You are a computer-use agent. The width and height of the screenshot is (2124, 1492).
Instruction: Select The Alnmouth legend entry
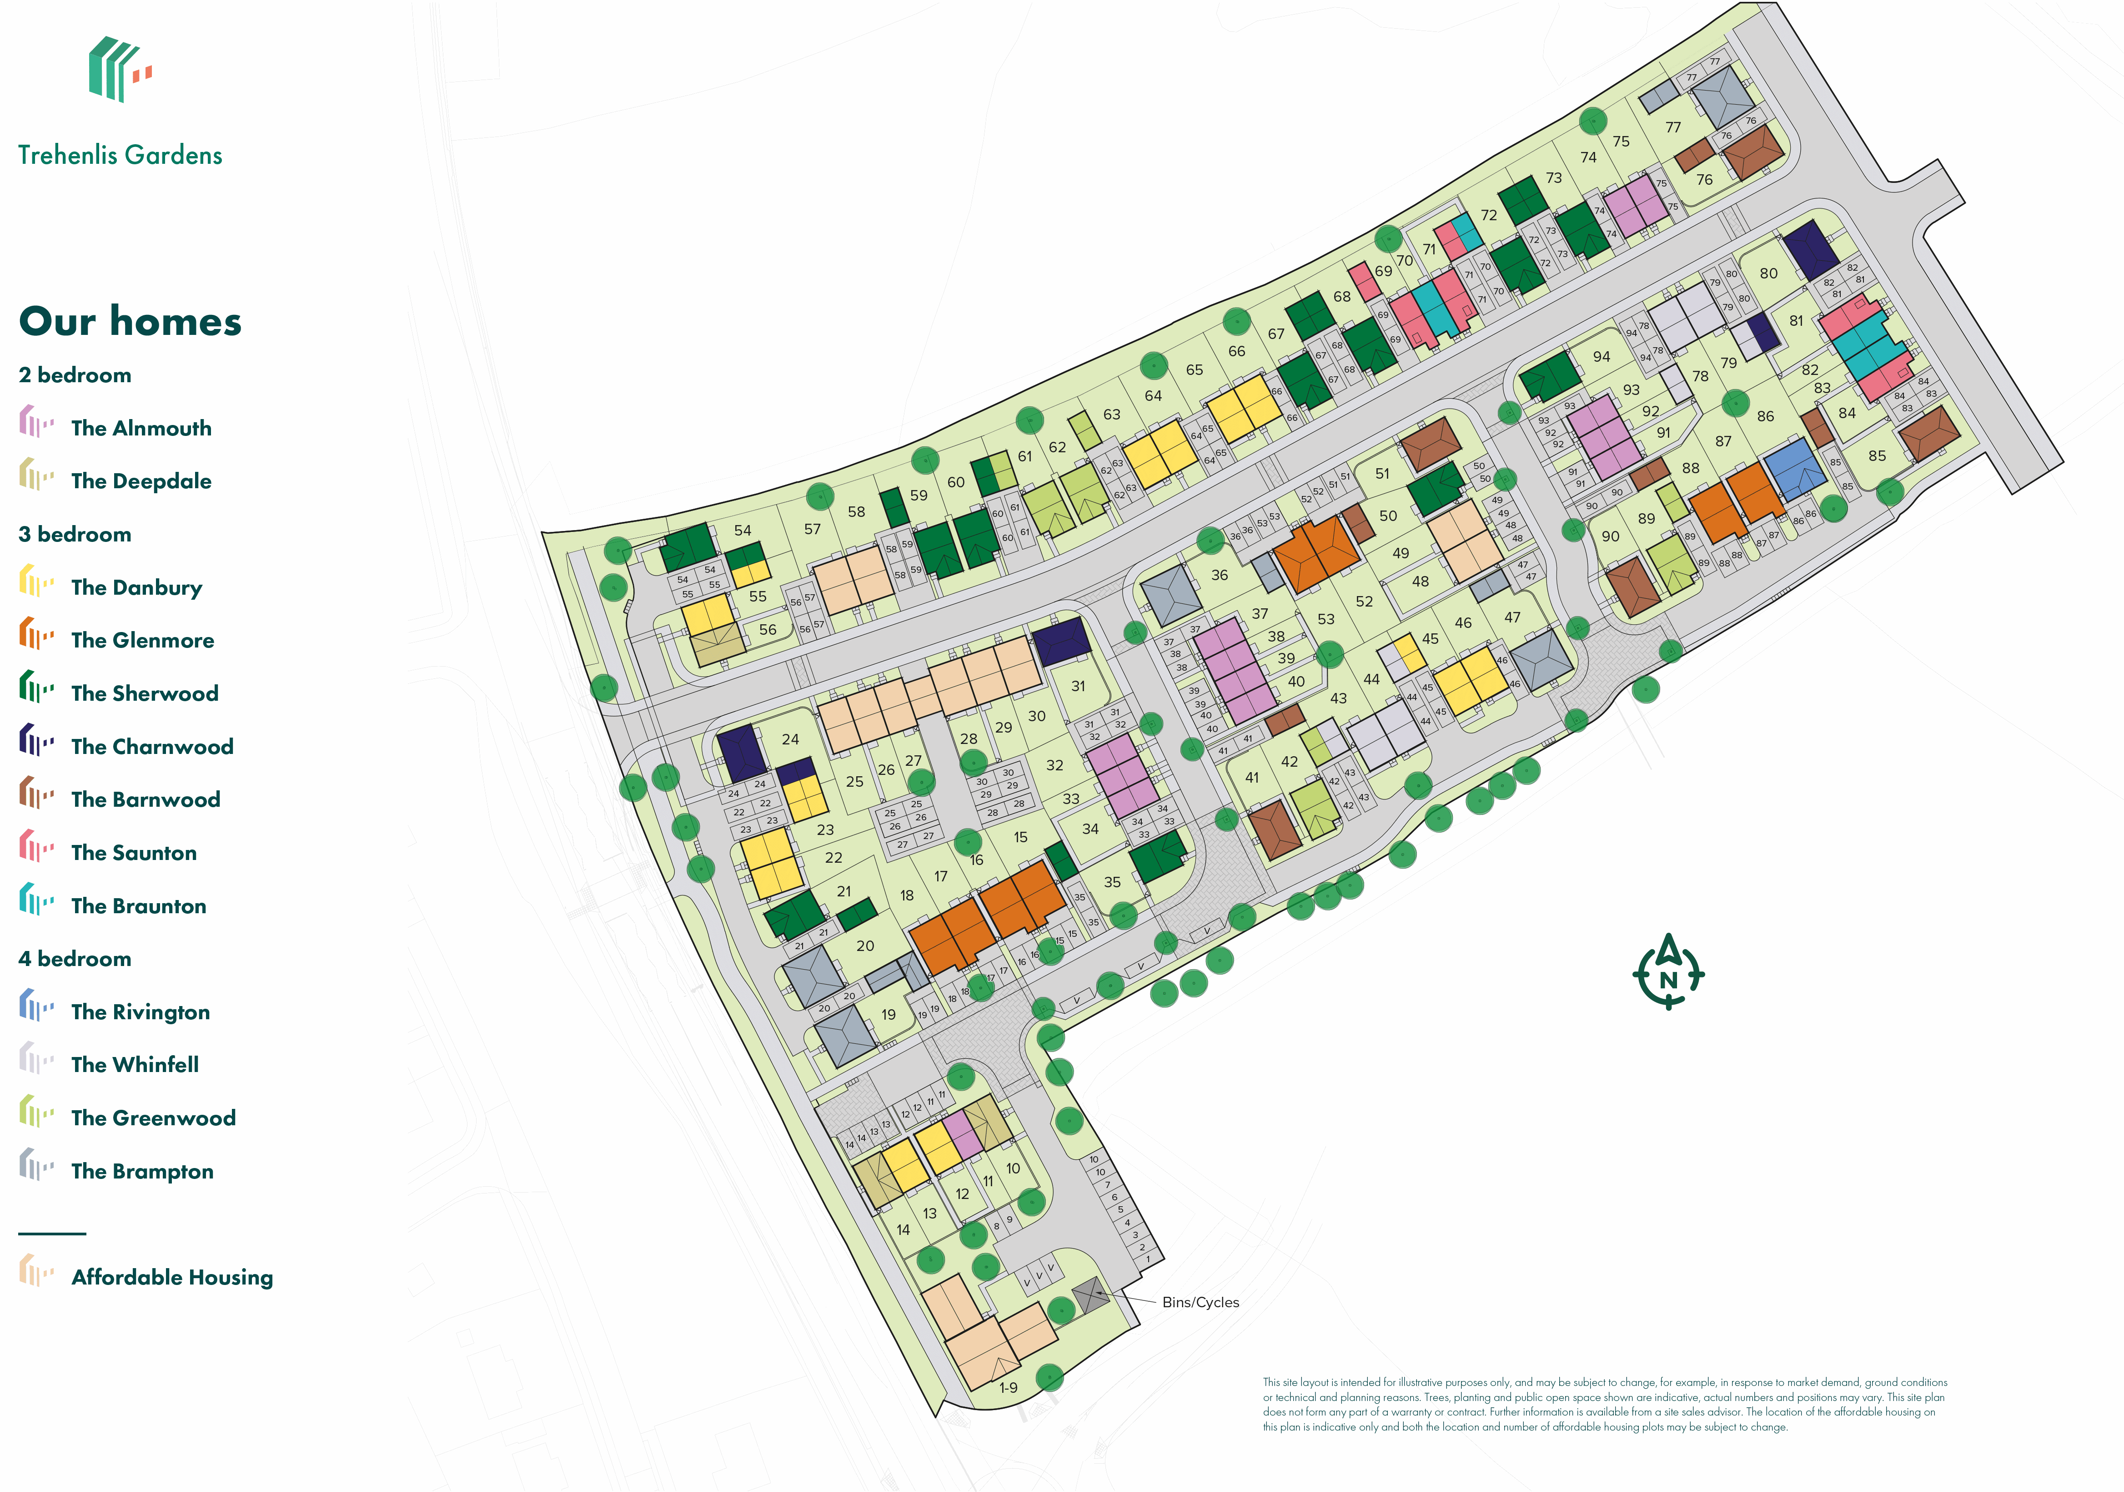click(141, 428)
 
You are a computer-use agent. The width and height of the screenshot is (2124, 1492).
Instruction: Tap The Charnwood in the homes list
click(152, 746)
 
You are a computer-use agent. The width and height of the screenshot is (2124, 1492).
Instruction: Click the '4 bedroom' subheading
click(75, 959)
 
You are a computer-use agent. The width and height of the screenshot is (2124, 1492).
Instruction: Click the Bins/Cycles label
click(1200, 1302)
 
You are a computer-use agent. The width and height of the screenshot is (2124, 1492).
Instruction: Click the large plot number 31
click(1078, 686)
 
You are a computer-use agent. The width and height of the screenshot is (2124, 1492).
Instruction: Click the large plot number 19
click(888, 1014)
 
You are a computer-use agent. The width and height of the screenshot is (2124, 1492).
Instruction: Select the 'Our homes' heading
click(130, 321)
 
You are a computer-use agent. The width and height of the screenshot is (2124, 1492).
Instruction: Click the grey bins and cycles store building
click(1090, 1294)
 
